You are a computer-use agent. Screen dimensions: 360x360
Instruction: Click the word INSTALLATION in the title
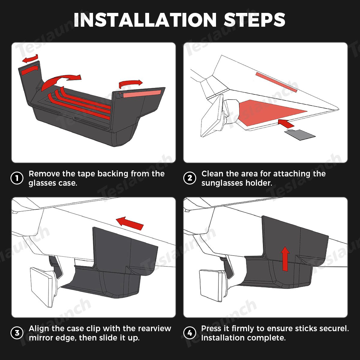tap(145, 20)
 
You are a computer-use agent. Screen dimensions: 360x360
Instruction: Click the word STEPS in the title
tap(254, 20)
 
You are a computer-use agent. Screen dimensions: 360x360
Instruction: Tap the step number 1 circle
tap(17, 178)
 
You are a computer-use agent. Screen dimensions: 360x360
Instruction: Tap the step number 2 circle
tap(190, 178)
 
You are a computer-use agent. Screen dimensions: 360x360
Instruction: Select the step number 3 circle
tap(17, 333)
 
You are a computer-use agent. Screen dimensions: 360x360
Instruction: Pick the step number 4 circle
tap(190, 333)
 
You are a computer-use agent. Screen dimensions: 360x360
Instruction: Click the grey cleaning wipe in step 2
tap(300, 134)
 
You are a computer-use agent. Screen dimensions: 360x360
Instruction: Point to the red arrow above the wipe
tap(286, 124)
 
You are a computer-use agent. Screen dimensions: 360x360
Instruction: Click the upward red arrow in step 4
tap(285, 259)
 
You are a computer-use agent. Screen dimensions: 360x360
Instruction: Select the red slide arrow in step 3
tap(130, 223)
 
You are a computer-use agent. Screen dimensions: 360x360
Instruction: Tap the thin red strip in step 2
tap(276, 82)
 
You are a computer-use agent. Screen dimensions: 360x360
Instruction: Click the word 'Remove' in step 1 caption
tap(44, 174)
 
